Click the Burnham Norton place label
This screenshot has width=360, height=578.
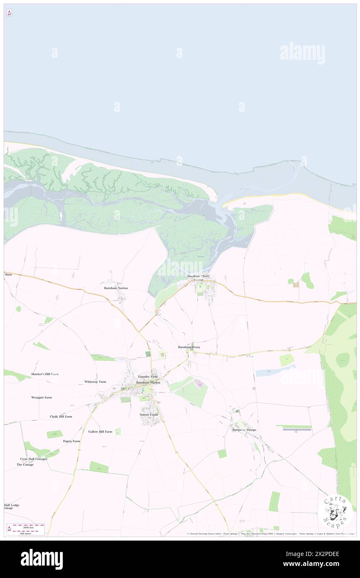[116, 288]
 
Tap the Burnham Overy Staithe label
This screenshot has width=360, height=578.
[199, 278]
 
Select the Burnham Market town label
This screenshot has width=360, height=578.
[148, 382]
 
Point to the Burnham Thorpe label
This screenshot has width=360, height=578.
[244, 430]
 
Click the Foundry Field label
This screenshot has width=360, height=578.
[148, 376]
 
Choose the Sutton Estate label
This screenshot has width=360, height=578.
[149, 415]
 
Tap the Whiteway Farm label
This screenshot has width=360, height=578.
[95, 381]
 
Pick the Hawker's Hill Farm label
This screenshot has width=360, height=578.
[45, 374]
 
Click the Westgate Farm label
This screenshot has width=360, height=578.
[42, 398]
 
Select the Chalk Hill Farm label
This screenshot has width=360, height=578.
[61, 416]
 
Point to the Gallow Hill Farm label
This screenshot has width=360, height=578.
[100, 432]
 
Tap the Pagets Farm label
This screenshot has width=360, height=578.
[72, 441]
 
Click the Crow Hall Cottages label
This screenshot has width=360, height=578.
[34, 459]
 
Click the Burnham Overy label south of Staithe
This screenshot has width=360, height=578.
[189, 347]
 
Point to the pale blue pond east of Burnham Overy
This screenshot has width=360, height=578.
[274, 371]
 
